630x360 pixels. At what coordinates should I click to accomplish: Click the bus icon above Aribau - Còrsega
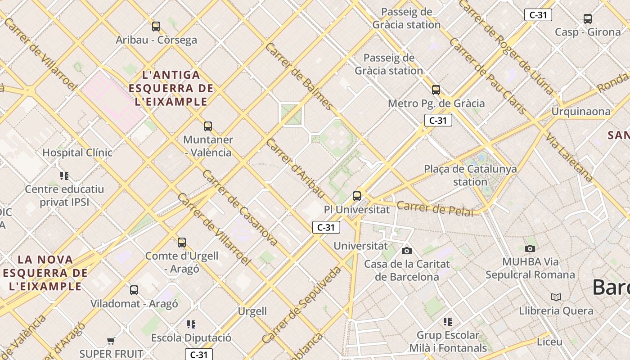[x=156, y=27]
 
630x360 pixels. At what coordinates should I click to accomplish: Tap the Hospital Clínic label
[x=77, y=153]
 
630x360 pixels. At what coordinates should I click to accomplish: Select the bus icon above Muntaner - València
[x=207, y=126]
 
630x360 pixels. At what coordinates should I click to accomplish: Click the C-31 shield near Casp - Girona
[x=538, y=15]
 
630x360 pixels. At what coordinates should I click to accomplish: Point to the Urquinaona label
[x=581, y=112]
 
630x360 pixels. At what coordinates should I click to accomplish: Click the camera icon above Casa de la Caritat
[x=407, y=251]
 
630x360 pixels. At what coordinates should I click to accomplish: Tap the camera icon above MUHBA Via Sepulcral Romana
[x=530, y=248]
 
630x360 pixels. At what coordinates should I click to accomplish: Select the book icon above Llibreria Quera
[x=556, y=297]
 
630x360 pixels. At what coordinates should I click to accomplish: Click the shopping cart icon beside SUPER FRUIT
[x=111, y=341]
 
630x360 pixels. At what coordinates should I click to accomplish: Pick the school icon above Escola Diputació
[x=191, y=324]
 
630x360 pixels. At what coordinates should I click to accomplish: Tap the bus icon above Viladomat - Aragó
[x=134, y=290]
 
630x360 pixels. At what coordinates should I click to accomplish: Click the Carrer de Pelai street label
[x=435, y=209]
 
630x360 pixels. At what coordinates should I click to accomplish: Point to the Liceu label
[x=549, y=342]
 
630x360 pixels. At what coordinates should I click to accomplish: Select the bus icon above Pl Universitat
[x=357, y=196]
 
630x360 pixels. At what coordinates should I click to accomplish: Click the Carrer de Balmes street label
[x=299, y=77]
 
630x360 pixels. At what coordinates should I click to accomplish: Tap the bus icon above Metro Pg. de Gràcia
[x=436, y=90]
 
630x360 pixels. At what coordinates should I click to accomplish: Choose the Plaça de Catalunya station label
[x=470, y=175]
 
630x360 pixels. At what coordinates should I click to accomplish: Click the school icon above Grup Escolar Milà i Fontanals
[x=447, y=322]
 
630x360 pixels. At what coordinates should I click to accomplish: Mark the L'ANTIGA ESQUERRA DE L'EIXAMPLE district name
[x=171, y=88]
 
